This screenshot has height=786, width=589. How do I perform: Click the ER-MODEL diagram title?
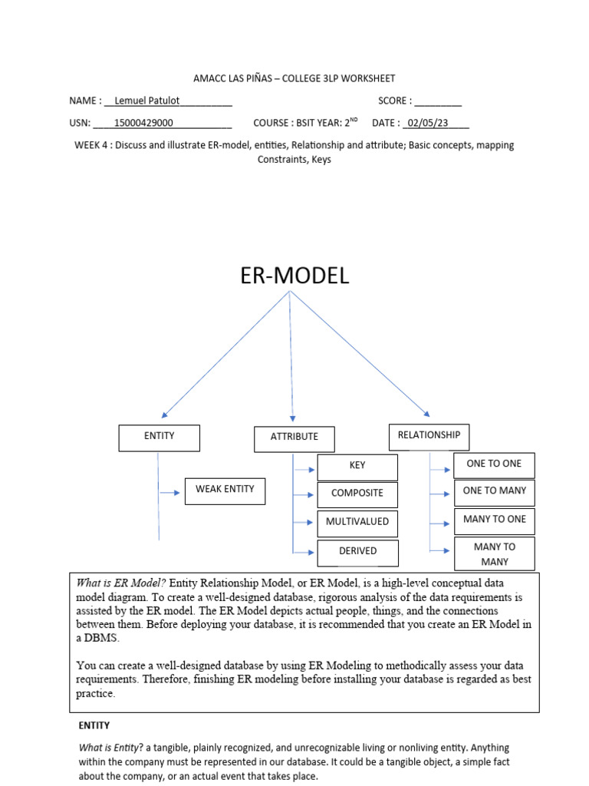coord(294,276)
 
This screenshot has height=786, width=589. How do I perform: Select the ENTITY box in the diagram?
coord(160,438)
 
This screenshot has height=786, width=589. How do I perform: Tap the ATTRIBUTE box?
coord(294,439)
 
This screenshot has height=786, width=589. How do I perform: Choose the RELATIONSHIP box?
coord(429,437)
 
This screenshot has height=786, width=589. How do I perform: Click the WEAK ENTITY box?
coord(225,491)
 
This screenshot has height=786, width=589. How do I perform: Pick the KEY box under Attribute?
coord(357,467)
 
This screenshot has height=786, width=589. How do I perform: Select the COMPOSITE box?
coord(357,495)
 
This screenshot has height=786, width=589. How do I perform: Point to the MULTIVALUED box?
coord(357,523)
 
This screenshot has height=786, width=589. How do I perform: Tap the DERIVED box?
coord(358,553)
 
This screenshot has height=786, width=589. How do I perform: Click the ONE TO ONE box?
coord(495,466)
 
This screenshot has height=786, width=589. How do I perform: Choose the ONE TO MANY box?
coord(495,494)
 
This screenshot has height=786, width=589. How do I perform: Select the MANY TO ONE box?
coord(495,521)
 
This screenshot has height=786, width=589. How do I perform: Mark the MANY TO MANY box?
coord(495,554)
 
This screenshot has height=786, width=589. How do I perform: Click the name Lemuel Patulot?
coord(146,101)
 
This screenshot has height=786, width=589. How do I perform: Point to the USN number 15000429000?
coord(143,123)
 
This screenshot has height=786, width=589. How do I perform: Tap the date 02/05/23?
coord(428,123)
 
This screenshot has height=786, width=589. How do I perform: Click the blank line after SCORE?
coord(438,104)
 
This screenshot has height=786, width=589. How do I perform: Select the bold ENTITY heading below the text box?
coord(94,725)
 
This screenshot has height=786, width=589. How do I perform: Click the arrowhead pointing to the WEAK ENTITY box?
coord(177,493)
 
